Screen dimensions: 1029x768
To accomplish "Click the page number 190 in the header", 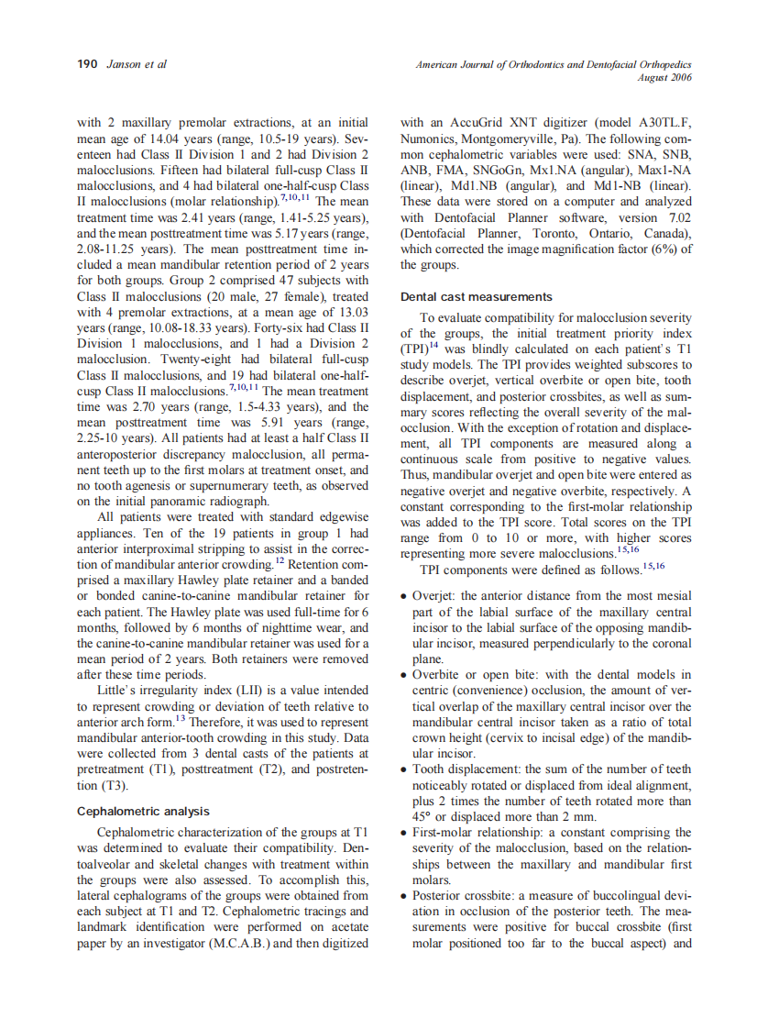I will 87,64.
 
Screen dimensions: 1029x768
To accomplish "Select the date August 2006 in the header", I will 664,77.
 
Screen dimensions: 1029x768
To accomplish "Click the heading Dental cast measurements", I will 477,296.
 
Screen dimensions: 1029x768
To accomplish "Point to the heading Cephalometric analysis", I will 143,811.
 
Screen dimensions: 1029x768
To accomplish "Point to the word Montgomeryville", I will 511,138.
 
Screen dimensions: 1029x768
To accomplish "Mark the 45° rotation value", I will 424,816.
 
